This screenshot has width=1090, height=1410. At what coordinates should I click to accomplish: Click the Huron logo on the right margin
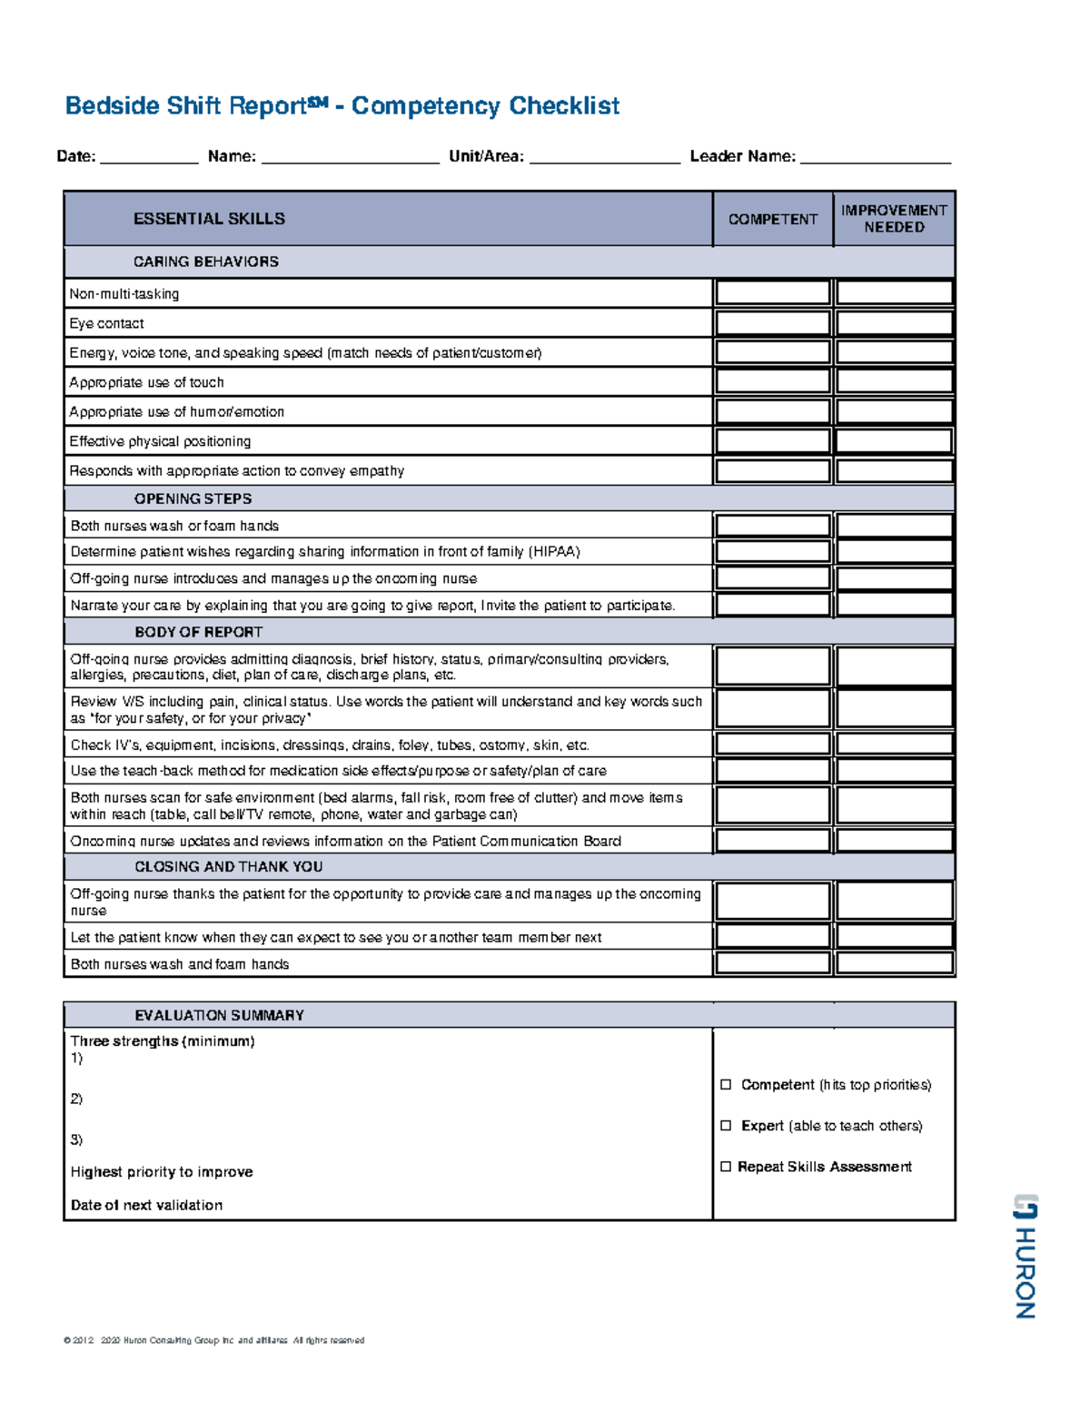[1025, 1255]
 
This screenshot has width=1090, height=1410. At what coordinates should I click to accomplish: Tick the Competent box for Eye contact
[772, 323]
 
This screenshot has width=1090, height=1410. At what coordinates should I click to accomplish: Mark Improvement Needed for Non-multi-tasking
[894, 292]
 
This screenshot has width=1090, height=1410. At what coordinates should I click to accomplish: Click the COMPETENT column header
[772, 219]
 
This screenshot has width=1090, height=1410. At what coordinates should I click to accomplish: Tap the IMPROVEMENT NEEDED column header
[894, 219]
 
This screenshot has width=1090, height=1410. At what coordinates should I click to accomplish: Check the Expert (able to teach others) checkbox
[726, 1126]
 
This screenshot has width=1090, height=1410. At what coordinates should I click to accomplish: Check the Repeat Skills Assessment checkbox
[726, 1167]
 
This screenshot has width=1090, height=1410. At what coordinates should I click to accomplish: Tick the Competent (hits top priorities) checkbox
[726, 1085]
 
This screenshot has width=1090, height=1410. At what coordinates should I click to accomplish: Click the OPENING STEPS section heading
[193, 498]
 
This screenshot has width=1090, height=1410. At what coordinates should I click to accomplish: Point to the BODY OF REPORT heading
[198, 632]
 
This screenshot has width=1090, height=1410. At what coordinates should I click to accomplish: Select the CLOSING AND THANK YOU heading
[228, 867]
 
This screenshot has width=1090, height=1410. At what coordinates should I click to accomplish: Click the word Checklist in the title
[564, 106]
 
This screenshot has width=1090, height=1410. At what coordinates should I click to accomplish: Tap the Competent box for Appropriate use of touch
[772, 381]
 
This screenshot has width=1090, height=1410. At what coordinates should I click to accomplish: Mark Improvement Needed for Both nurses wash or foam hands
[894, 525]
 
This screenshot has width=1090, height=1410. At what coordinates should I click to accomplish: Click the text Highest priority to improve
[162, 1172]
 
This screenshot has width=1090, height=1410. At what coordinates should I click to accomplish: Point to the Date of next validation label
[146, 1206]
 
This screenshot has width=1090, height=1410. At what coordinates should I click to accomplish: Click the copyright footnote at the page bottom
[213, 1340]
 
